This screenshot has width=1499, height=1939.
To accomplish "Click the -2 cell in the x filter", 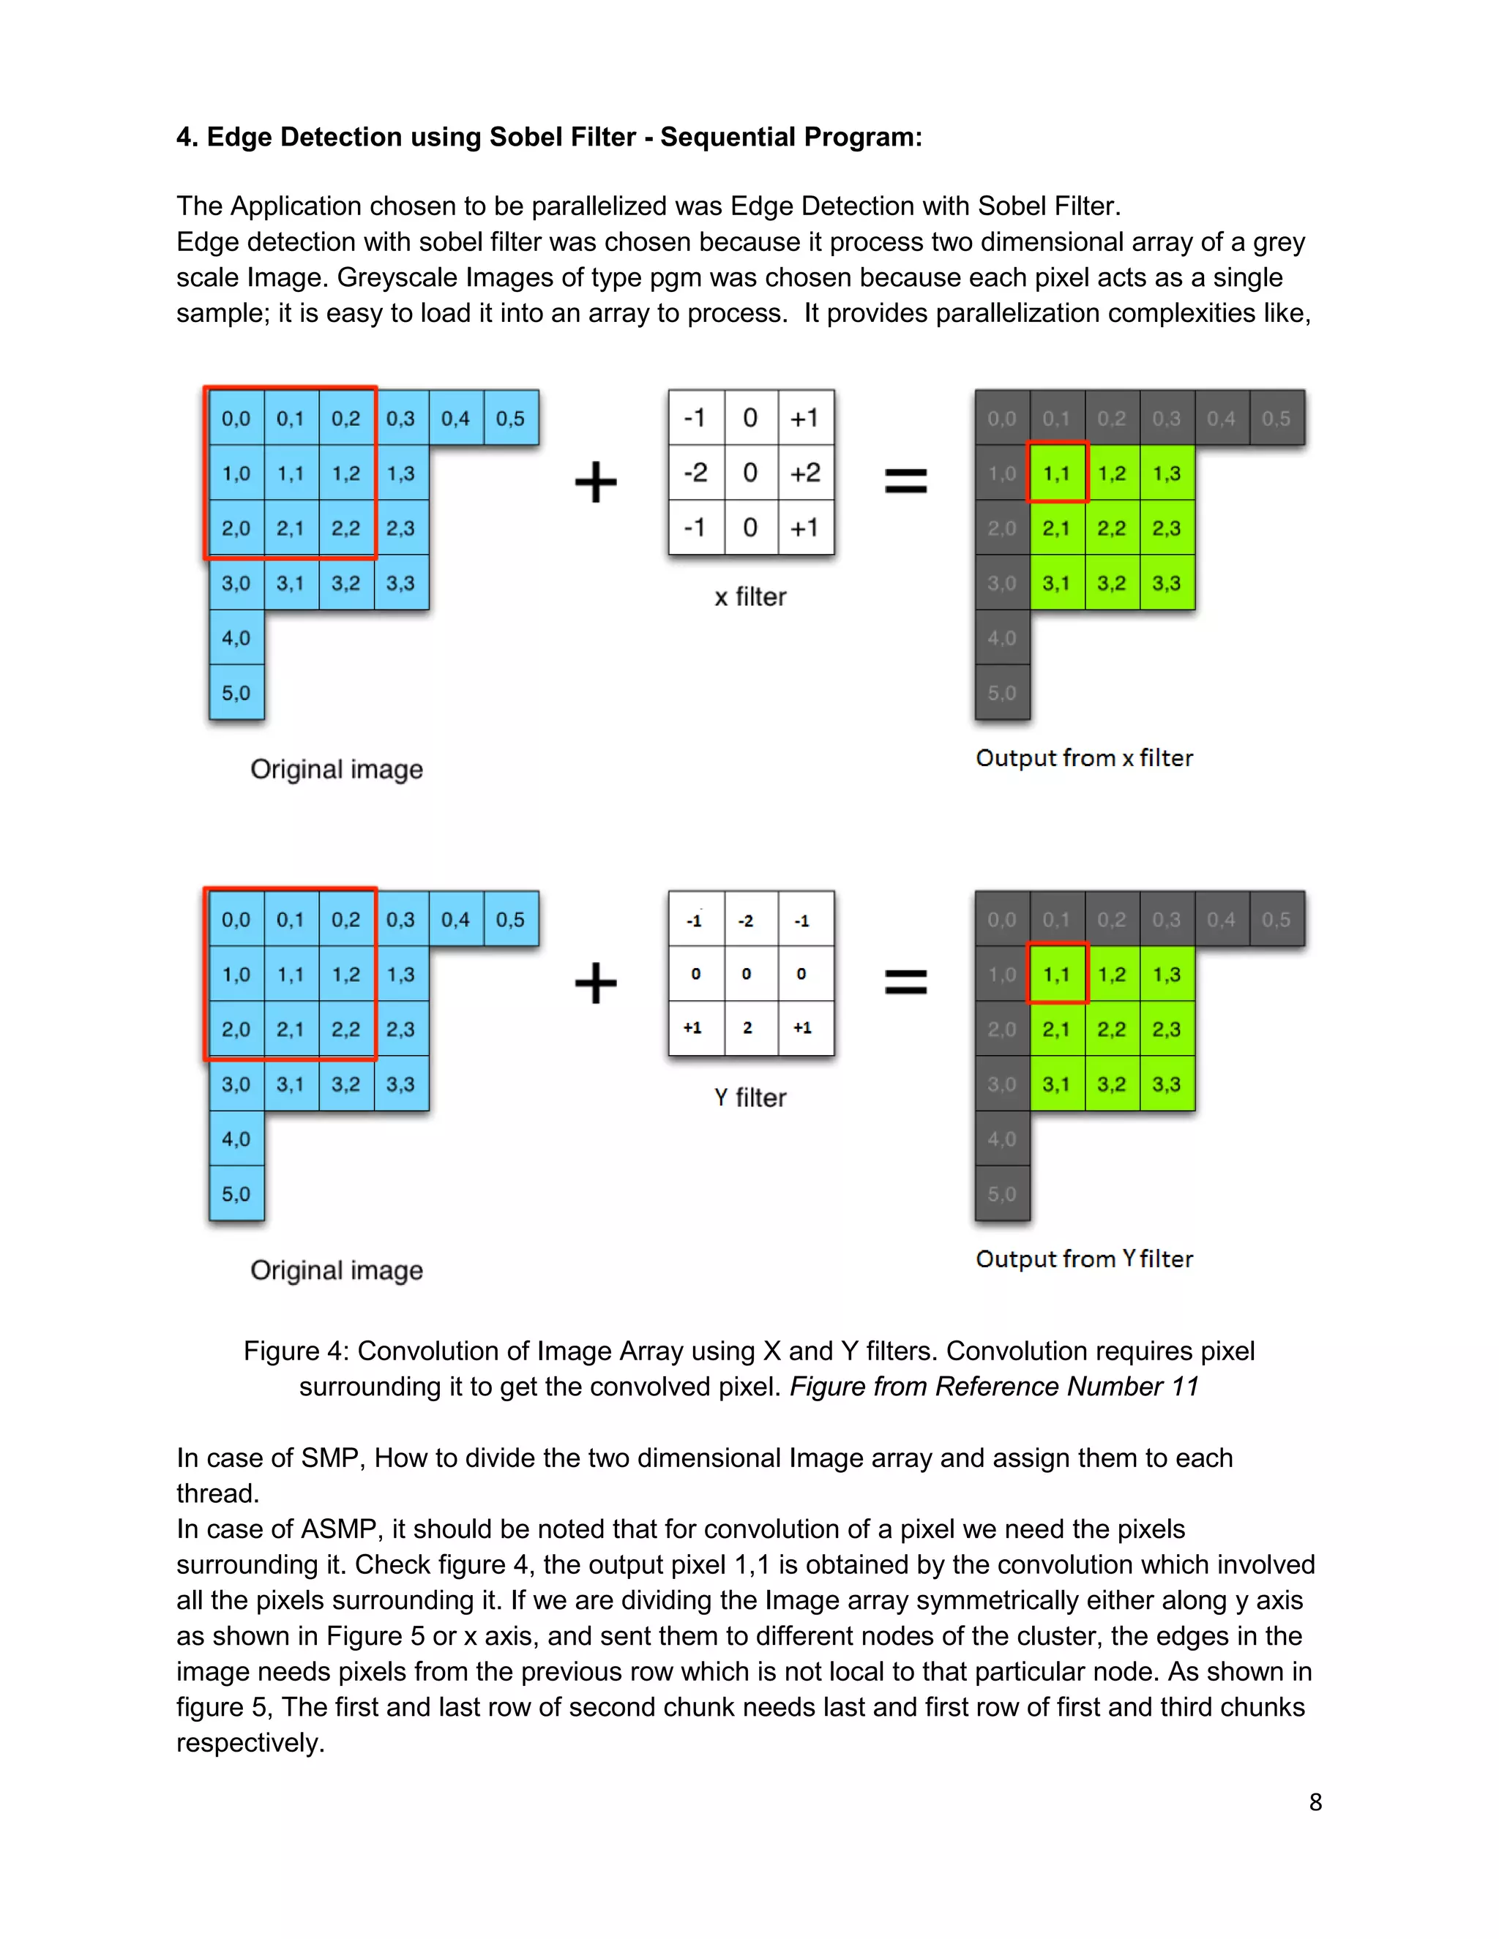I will point(696,473).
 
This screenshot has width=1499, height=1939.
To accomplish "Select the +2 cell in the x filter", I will point(805,473).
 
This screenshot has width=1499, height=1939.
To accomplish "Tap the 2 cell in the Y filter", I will point(748,1027).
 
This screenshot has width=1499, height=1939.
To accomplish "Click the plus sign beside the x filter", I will point(596,482).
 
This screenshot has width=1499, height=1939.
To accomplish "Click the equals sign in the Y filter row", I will point(906,982).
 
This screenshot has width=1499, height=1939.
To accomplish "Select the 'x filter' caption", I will point(750,596).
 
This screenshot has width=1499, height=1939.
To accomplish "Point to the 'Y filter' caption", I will point(750,1098).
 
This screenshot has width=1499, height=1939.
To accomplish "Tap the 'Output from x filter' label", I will point(1083,757).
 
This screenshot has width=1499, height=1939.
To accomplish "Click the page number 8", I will point(1315,1801).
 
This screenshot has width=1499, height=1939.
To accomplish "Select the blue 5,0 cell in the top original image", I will point(236,692).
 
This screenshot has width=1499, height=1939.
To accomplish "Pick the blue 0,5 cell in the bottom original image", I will point(511,920).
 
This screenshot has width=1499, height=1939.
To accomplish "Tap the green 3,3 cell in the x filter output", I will point(1166,583).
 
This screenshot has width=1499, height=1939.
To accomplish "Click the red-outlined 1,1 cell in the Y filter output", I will point(1057,974).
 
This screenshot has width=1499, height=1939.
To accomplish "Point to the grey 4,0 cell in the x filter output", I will point(1002,637).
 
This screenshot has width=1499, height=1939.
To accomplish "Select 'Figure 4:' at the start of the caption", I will point(296,1351).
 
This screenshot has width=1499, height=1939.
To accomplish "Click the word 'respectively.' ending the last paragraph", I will point(250,1742).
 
